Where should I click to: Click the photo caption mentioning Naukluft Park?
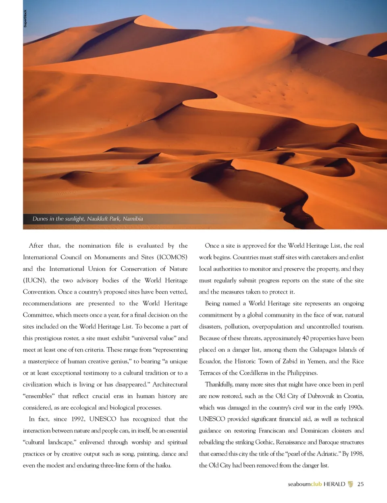[x=87, y=219]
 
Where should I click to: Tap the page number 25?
[x=360, y=484]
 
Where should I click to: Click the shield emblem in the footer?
[x=350, y=484]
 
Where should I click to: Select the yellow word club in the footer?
[x=316, y=484]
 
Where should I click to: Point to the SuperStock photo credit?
[x=25, y=19]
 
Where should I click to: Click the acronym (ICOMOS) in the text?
[x=172, y=257]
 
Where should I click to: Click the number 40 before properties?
[x=306, y=338]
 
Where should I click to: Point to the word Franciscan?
[x=272, y=431]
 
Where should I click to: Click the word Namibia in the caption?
[x=133, y=219]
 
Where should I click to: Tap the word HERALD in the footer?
[x=334, y=484]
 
